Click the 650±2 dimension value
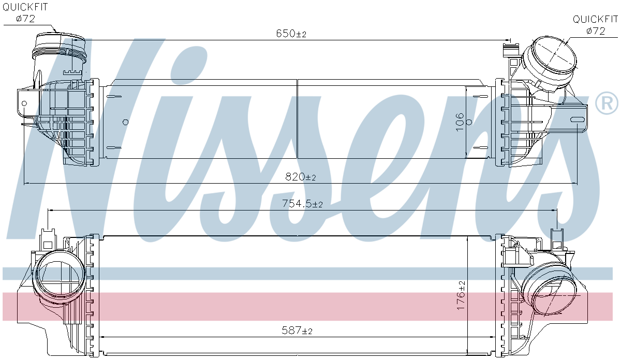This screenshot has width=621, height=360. pyautogui.click(x=291, y=34)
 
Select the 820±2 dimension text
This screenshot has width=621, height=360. pyautogui.click(x=301, y=177)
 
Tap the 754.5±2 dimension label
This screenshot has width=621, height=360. pyautogui.click(x=302, y=204)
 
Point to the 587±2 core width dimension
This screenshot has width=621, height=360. pyautogui.click(x=297, y=330)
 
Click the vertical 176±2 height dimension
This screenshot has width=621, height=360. pyautogui.click(x=461, y=295)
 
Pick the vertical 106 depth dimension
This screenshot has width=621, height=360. pyautogui.click(x=460, y=122)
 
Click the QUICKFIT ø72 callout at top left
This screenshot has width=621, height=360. pyautogui.click(x=25, y=13)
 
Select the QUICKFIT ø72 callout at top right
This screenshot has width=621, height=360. pyautogui.click(x=595, y=25)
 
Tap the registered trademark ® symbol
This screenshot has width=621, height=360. pyautogui.click(x=606, y=103)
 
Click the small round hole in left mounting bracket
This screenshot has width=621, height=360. pyautogui.click(x=24, y=103)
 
